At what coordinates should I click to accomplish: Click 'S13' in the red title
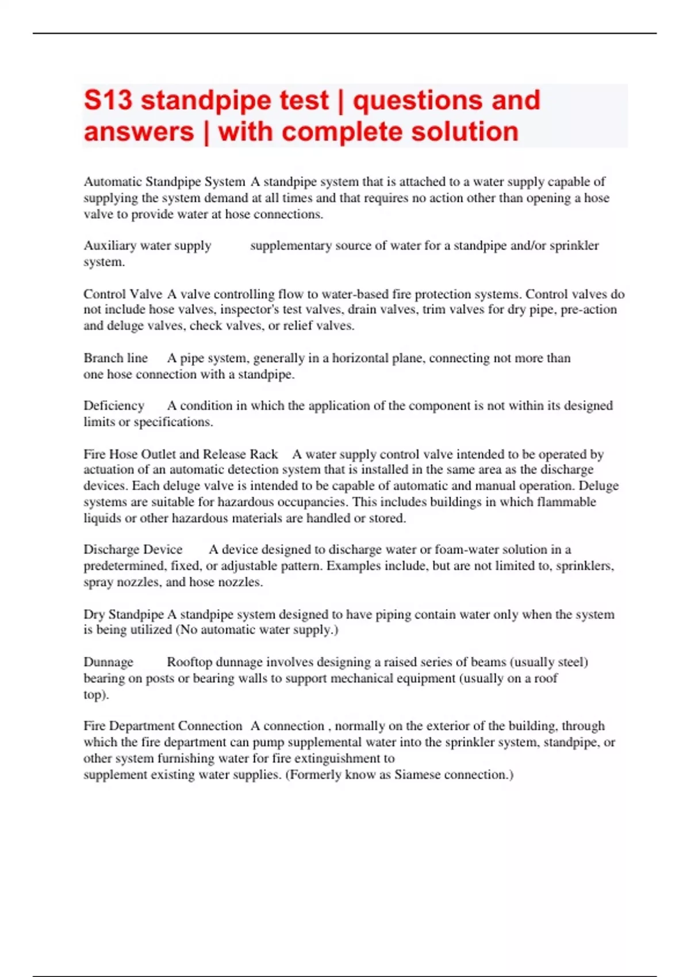pyautogui.click(x=108, y=101)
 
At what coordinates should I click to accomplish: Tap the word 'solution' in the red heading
pyautogui.click(x=465, y=132)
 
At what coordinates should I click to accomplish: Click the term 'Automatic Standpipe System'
pyautogui.click(x=164, y=182)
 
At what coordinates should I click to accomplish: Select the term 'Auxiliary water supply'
pyautogui.click(x=147, y=245)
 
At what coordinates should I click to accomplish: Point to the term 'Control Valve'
pyautogui.click(x=122, y=294)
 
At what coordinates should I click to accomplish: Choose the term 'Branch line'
pyautogui.click(x=116, y=358)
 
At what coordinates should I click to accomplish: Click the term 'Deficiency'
pyautogui.click(x=114, y=406)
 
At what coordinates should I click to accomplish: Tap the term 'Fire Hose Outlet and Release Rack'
pyautogui.click(x=181, y=454)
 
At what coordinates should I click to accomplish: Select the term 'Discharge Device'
pyautogui.click(x=133, y=549)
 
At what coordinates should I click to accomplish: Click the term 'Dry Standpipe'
pyautogui.click(x=124, y=614)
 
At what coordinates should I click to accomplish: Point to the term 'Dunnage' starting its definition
pyautogui.click(x=108, y=662)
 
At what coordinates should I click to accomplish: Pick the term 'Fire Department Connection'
pyautogui.click(x=163, y=726)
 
